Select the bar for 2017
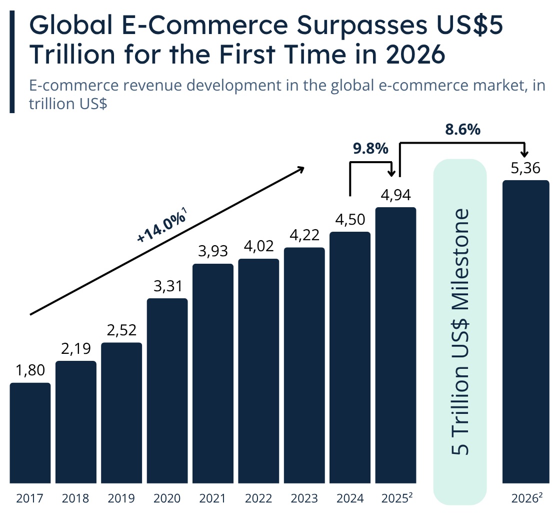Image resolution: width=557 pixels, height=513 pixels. coord(30,433)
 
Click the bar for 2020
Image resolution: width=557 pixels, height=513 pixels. coord(167,390)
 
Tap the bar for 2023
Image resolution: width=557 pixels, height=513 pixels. coord(304,365)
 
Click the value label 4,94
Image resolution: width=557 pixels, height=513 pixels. coord(395,195)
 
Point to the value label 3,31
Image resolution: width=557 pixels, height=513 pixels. coord(167,286)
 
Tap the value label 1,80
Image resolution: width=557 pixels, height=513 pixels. coord(30,370)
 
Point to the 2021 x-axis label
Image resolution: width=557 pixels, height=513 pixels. coord(212,498)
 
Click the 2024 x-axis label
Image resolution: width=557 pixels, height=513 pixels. coord(349,498)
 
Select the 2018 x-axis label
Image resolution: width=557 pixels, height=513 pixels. coord(75,498)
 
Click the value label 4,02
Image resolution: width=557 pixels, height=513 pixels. coord(258,247)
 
